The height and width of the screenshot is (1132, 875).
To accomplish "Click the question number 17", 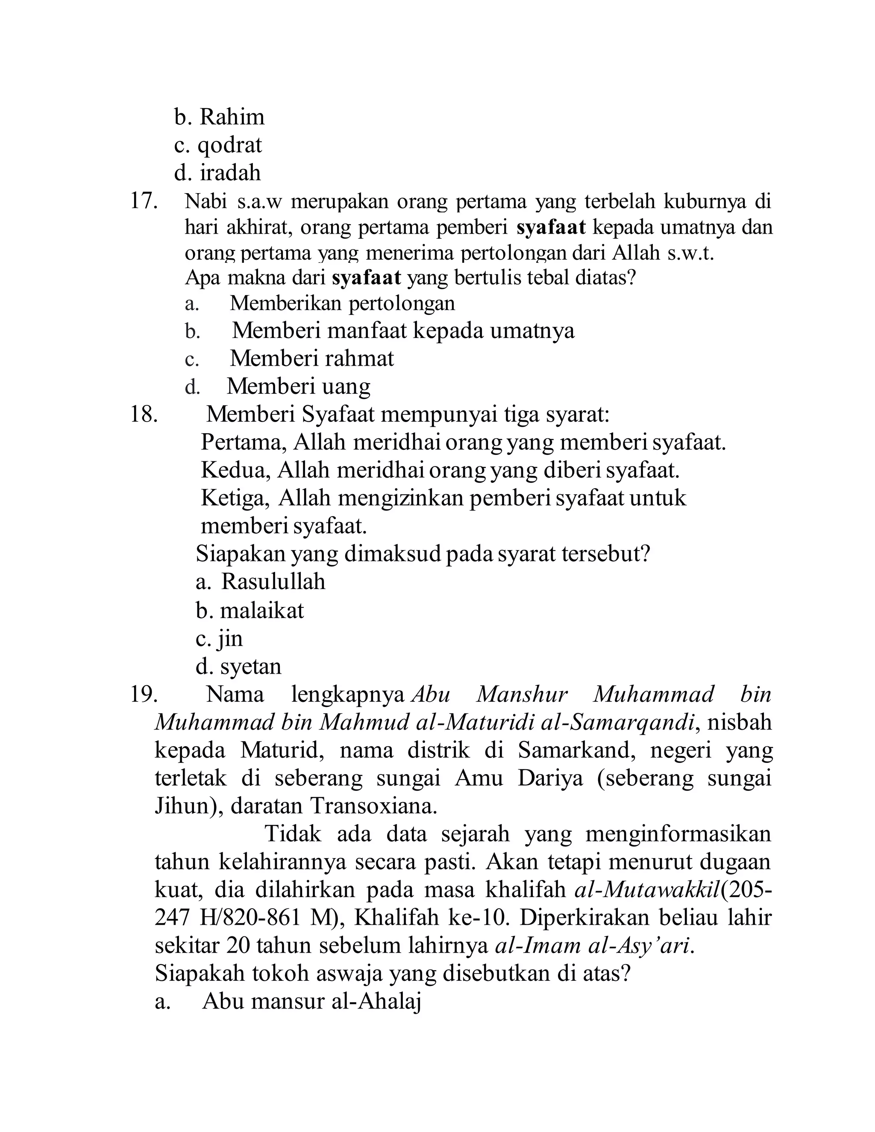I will tap(143, 201).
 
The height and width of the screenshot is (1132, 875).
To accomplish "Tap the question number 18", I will tap(143, 415).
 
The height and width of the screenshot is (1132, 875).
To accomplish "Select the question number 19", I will tap(143, 694).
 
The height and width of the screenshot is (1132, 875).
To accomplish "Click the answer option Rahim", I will tap(232, 117).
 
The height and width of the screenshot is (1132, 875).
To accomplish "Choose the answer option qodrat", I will tap(229, 146).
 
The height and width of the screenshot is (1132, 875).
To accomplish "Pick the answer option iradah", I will tap(230, 173).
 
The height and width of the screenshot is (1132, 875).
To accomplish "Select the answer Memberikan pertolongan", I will tap(342, 303).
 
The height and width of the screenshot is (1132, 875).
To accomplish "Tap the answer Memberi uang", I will tap(299, 386).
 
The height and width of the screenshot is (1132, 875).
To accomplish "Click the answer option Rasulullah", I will tap(273, 581).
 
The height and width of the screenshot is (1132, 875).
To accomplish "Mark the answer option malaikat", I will tap(262, 610).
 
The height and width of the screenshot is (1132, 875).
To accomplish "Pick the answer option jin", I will tap(231, 639).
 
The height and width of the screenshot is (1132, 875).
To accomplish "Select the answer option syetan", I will tap(250, 666).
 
